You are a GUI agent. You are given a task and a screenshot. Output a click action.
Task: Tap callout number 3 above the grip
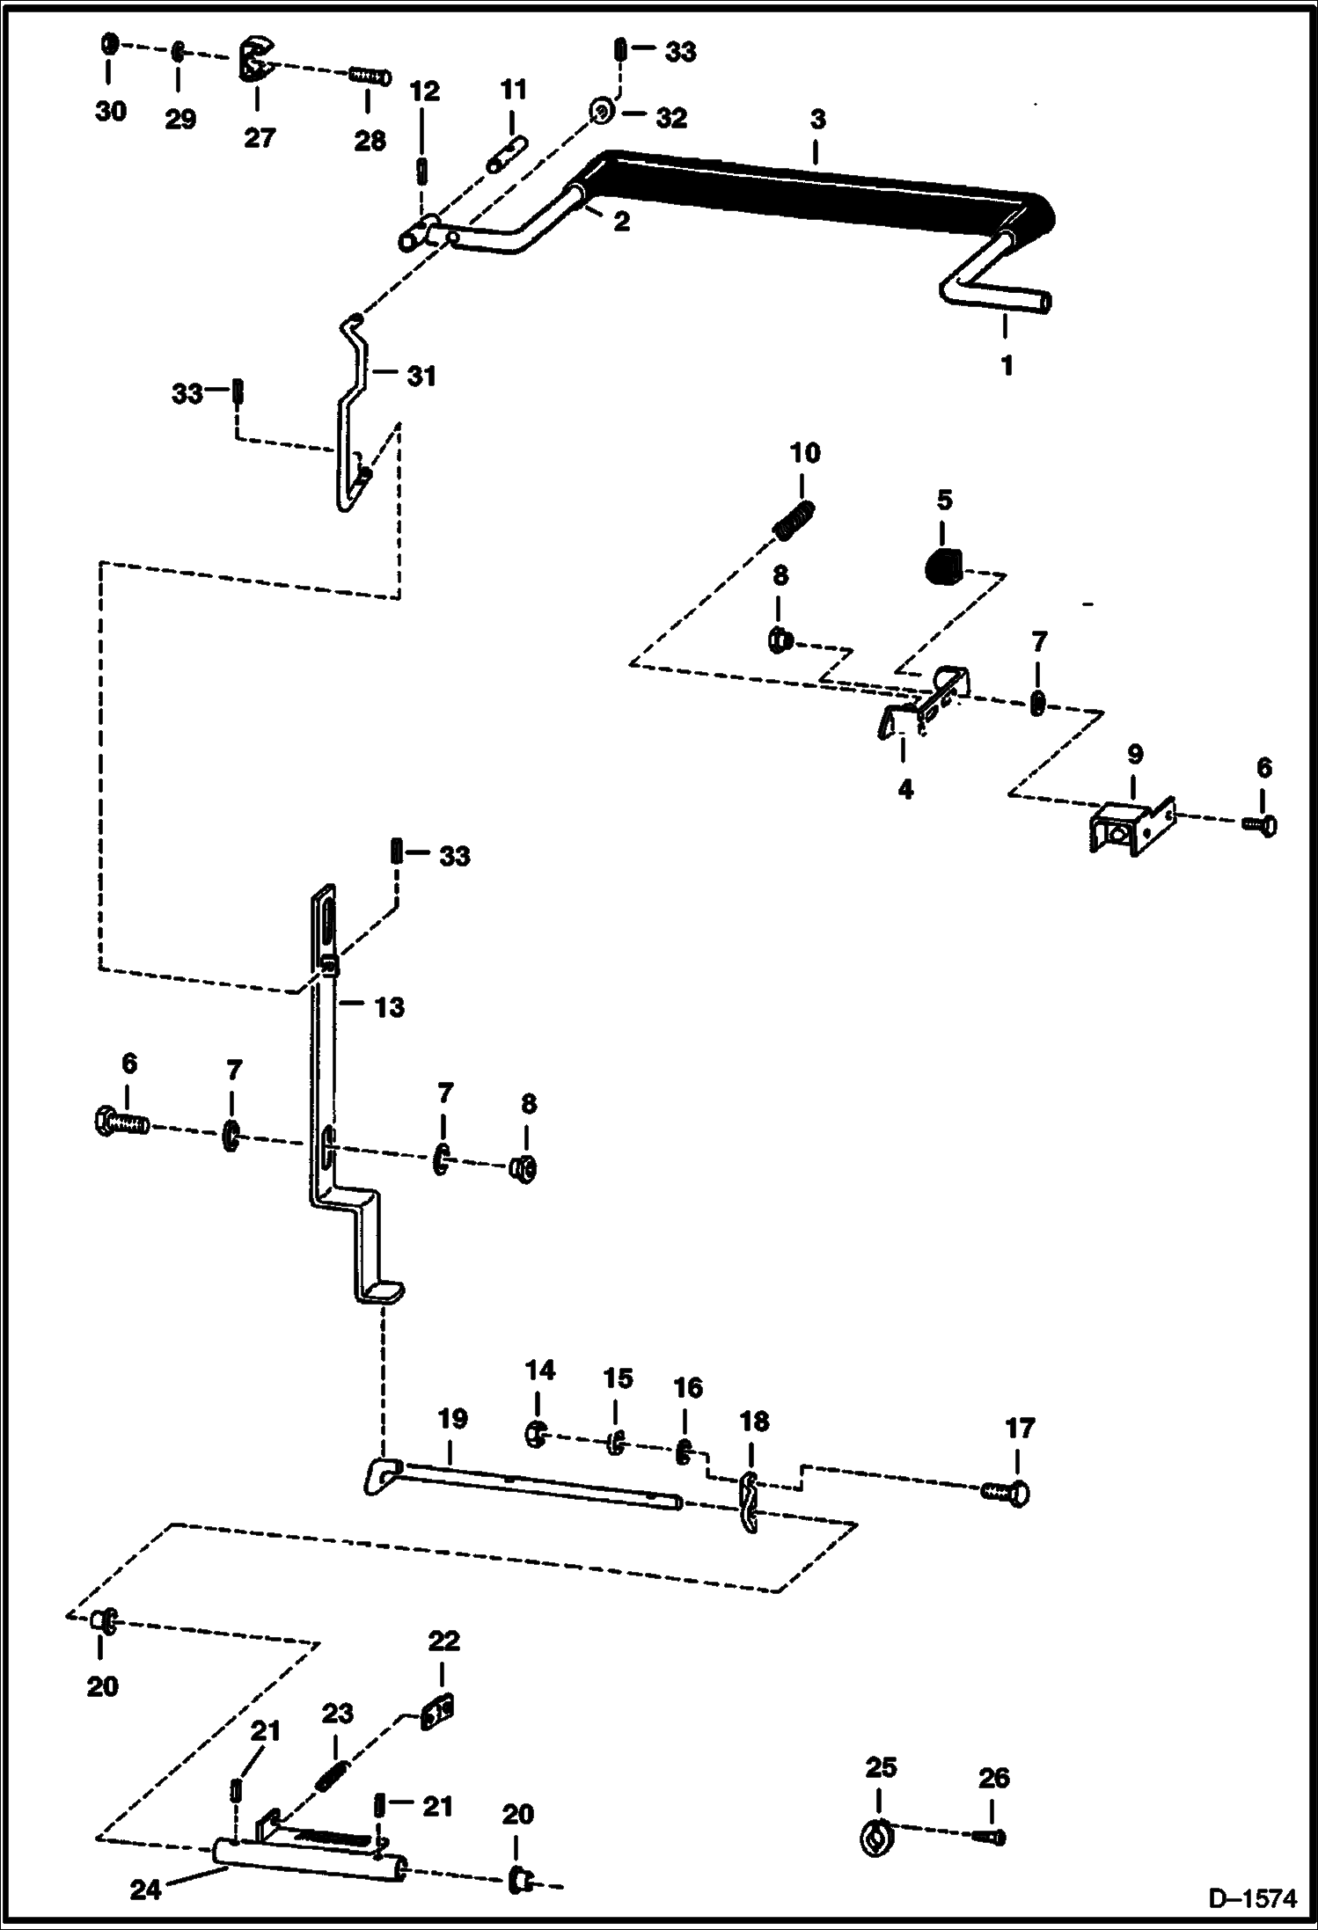[817, 119]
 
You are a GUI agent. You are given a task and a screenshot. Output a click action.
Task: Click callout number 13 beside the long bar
[390, 1006]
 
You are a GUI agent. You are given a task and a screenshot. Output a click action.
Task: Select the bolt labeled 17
[1005, 1492]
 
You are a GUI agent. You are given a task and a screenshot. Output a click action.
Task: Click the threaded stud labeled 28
[370, 77]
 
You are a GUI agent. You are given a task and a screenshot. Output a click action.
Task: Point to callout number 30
[111, 112]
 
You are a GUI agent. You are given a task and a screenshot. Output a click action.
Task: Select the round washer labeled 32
[602, 113]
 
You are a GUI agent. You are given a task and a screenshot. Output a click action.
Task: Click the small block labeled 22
[438, 1713]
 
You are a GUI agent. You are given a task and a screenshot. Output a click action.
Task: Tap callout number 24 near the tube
[146, 1888]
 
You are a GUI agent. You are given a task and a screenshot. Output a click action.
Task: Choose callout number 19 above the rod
[451, 1419]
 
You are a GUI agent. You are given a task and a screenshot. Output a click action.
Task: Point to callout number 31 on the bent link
[421, 376]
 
